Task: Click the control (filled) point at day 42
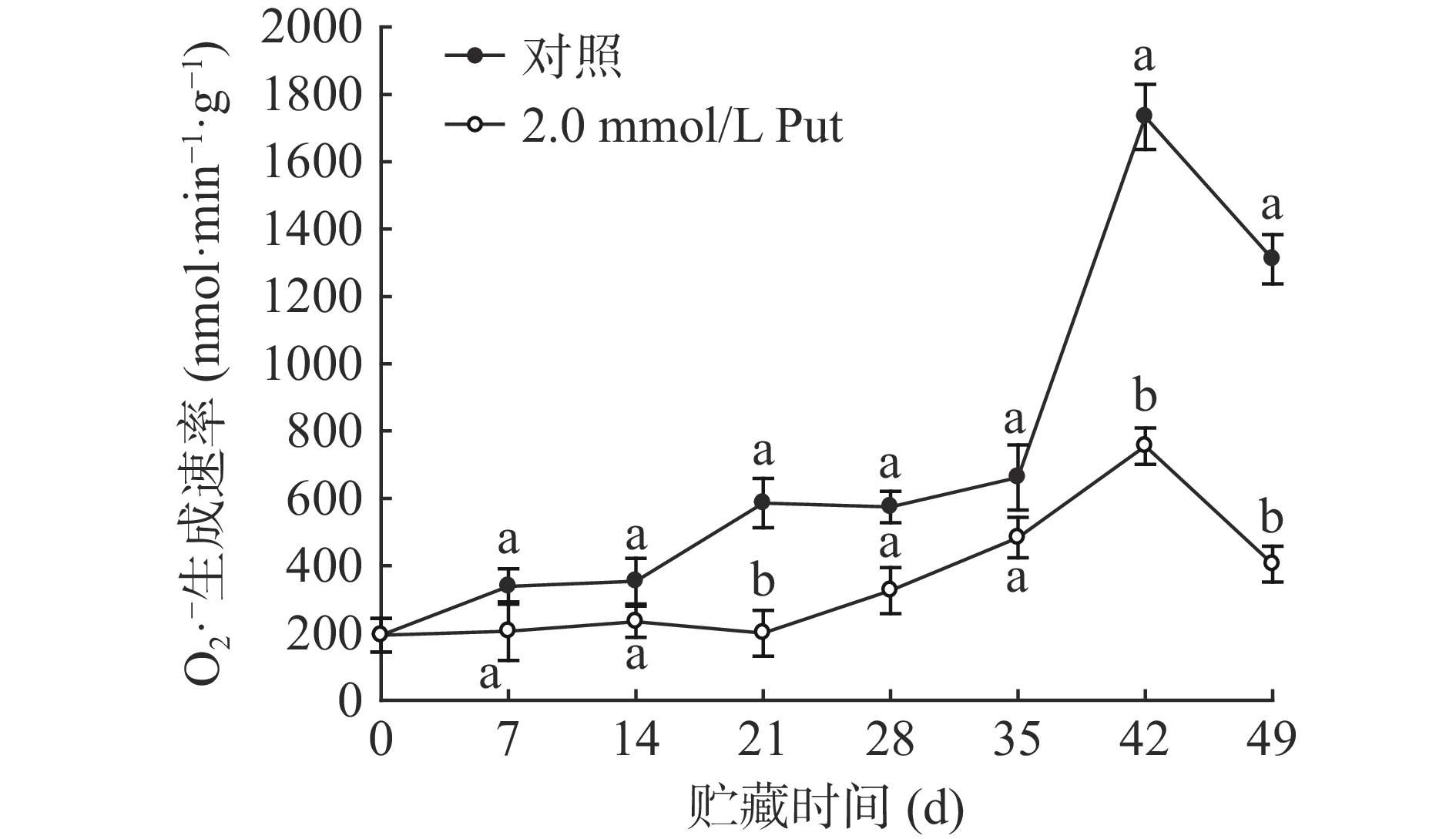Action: [x=1144, y=116]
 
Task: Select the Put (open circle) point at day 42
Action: [x=1144, y=445]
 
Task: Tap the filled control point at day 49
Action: [x=1271, y=257]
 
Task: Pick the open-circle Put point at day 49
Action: [x=1271, y=562]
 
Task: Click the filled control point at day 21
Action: [x=763, y=502]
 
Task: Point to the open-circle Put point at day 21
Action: [x=763, y=632]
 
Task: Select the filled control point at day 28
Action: [x=890, y=506]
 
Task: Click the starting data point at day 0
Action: [x=381, y=634]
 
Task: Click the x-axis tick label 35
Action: [x=1017, y=740]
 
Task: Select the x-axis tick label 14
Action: [x=636, y=740]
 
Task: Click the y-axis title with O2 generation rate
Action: [x=206, y=362]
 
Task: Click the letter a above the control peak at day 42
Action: [x=1144, y=57]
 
